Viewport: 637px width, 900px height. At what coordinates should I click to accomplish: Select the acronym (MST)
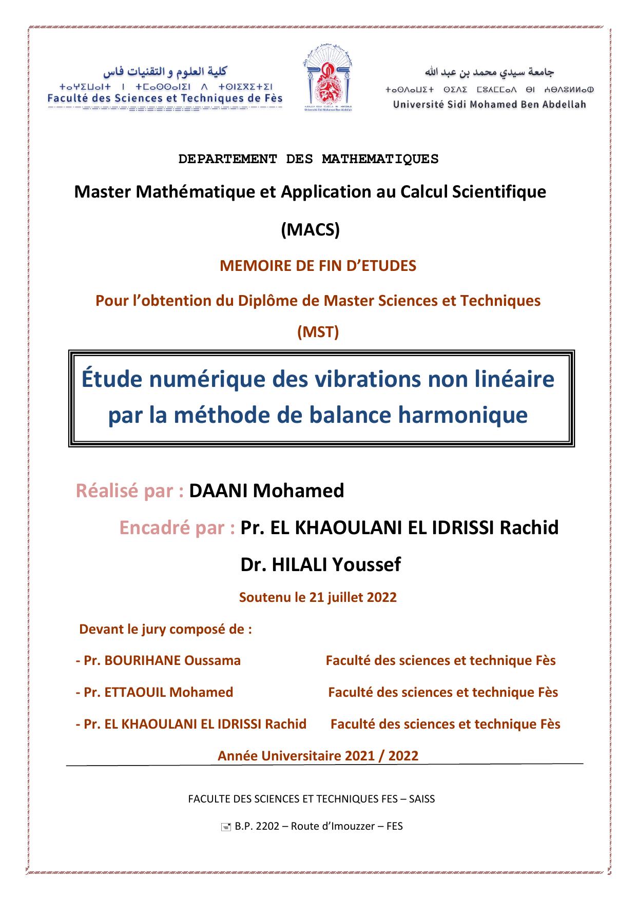click(x=318, y=332)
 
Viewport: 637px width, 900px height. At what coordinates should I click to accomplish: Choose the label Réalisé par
click(x=130, y=491)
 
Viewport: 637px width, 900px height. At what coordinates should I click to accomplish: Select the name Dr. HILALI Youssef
click(x=320, y=564)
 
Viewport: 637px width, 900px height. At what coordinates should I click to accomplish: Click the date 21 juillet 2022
click(x=353, y=597)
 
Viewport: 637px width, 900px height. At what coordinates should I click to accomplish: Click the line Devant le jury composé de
click(x=165, y=629)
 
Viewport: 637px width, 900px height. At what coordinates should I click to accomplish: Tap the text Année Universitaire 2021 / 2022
click(x=318, y=755)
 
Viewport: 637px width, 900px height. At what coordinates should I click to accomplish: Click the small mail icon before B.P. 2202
click(x=225, y=827)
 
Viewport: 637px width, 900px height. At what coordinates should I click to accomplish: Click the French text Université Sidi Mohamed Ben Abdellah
click(x=489, y=105)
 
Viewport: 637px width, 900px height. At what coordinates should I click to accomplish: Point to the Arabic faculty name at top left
click(x=165, y=71)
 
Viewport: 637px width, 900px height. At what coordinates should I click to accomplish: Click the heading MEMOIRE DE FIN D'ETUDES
click(x=318, y=266)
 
